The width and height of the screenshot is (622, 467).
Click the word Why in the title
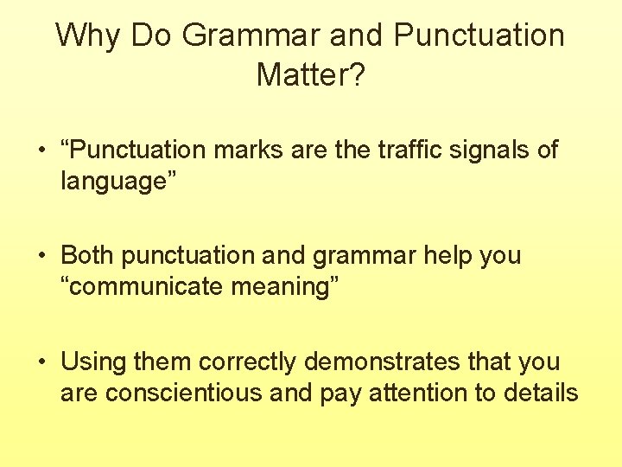(85, 36)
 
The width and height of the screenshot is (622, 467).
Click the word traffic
(409, 150)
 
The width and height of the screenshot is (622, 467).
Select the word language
(112, 182)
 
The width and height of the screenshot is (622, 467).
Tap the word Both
(87, 255)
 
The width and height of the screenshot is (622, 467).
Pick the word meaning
(287, 288)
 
